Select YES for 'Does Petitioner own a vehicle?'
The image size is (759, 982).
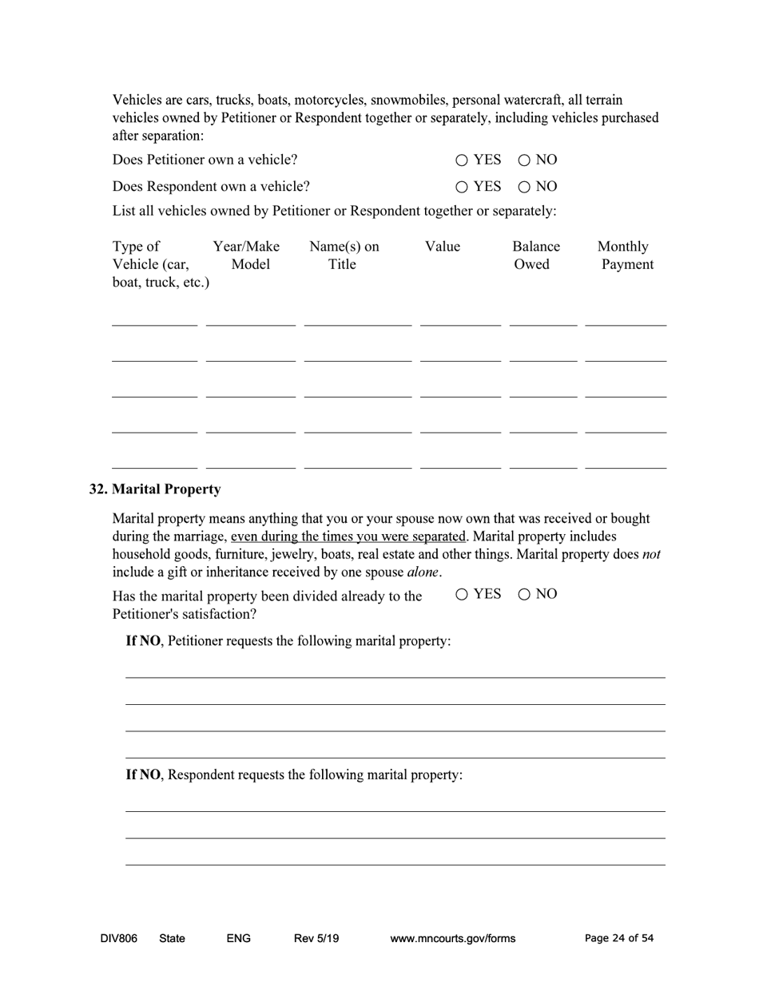tap(462, 160)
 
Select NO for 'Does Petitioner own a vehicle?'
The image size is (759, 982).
tap(524, 160)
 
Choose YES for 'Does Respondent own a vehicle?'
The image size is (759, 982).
tap(462, 187)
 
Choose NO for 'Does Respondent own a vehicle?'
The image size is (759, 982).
tap(524, 187)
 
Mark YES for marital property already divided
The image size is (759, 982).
tap(462, 594)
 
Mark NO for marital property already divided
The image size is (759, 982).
tap(524, 594)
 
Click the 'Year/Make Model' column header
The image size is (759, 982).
tap(246, 255)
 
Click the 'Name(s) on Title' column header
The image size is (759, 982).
tap(344, 255)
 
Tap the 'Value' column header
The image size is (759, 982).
tap(443, 247)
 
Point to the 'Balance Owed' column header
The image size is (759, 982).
tap(535, 255)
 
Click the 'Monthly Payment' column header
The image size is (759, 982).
tap(626, 255)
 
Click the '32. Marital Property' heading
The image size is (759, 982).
tap(155, 489)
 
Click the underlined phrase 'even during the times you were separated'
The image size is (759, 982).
tap(348, 537)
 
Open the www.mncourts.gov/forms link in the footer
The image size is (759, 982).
tap(452, 938)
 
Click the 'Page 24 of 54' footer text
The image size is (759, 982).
tap(618, 938)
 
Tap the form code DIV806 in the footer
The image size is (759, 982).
tap(118, 938)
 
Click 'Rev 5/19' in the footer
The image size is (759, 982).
tap(316, 938)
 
